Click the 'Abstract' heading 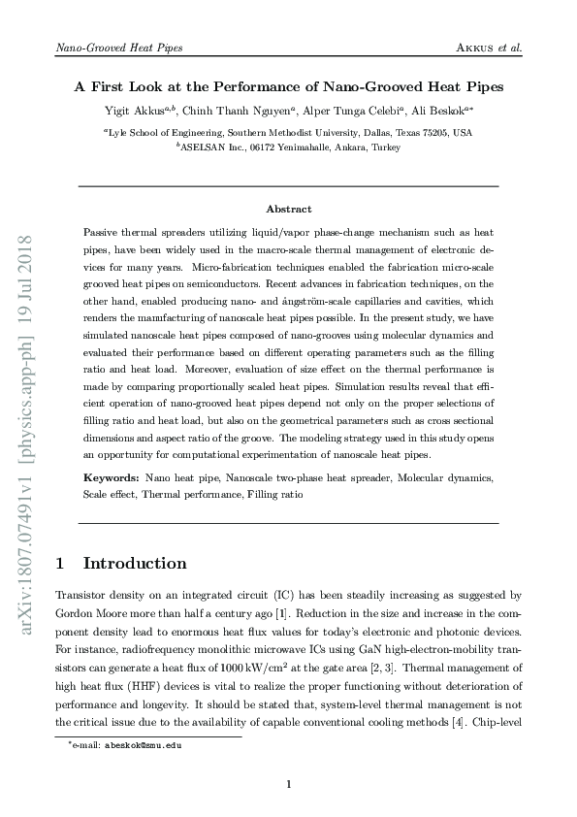click(x=288, y=209)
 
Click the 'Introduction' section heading click(x=136, y=563)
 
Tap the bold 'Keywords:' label click(x=112, y=478)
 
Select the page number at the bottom click(x=288, y=784)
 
